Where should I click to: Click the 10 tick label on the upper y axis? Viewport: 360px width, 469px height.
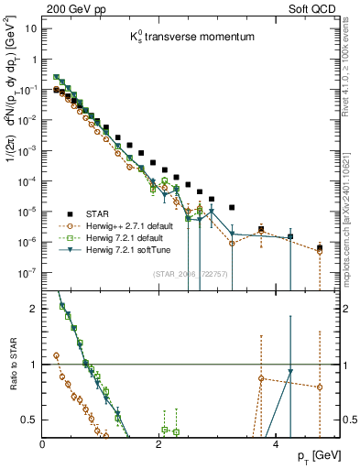31,28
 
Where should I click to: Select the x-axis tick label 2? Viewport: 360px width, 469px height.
160,444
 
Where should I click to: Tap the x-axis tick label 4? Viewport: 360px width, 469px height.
277,444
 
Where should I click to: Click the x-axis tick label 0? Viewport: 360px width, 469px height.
43,444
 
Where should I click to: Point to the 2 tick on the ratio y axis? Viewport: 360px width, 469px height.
34,309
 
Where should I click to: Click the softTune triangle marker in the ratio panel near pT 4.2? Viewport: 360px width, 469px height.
289,372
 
